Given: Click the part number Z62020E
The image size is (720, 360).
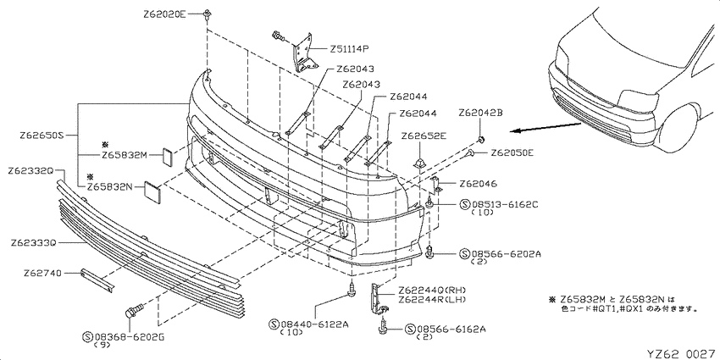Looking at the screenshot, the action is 164,14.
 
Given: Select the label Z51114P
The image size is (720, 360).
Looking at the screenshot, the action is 350,48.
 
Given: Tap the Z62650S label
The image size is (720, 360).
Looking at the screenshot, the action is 41,136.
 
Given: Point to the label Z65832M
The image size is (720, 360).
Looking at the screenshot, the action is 124,156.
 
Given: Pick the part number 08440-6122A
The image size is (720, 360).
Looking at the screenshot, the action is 314,324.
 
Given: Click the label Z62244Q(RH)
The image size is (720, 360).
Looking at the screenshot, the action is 433,290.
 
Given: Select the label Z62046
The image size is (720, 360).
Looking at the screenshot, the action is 478,184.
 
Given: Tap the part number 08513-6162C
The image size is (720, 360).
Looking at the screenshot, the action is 504,203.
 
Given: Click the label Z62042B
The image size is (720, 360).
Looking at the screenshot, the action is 480,112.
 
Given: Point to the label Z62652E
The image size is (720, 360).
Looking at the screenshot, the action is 424,136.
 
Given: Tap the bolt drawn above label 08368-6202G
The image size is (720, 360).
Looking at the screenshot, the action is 131,313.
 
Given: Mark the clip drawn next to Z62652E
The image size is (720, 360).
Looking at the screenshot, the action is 420,159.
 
